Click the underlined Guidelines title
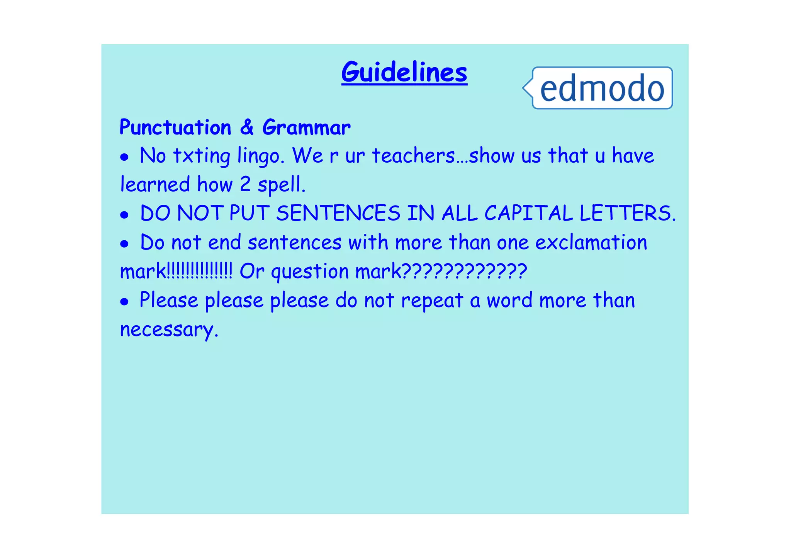pos(404,72)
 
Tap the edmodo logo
pos(602,88)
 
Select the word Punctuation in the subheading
pos(175,127)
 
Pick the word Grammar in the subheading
pos(306,127)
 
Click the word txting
pos(201,156)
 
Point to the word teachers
pos(413,156)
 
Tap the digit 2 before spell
pos(245,184)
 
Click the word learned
pos(155,184)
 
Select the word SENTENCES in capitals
pos(338,213)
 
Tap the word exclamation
pos(591,243)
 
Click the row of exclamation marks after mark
pos(200,271)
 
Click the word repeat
pos(432,301)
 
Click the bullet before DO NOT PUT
pos(124,215)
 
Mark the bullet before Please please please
pos(124,302)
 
